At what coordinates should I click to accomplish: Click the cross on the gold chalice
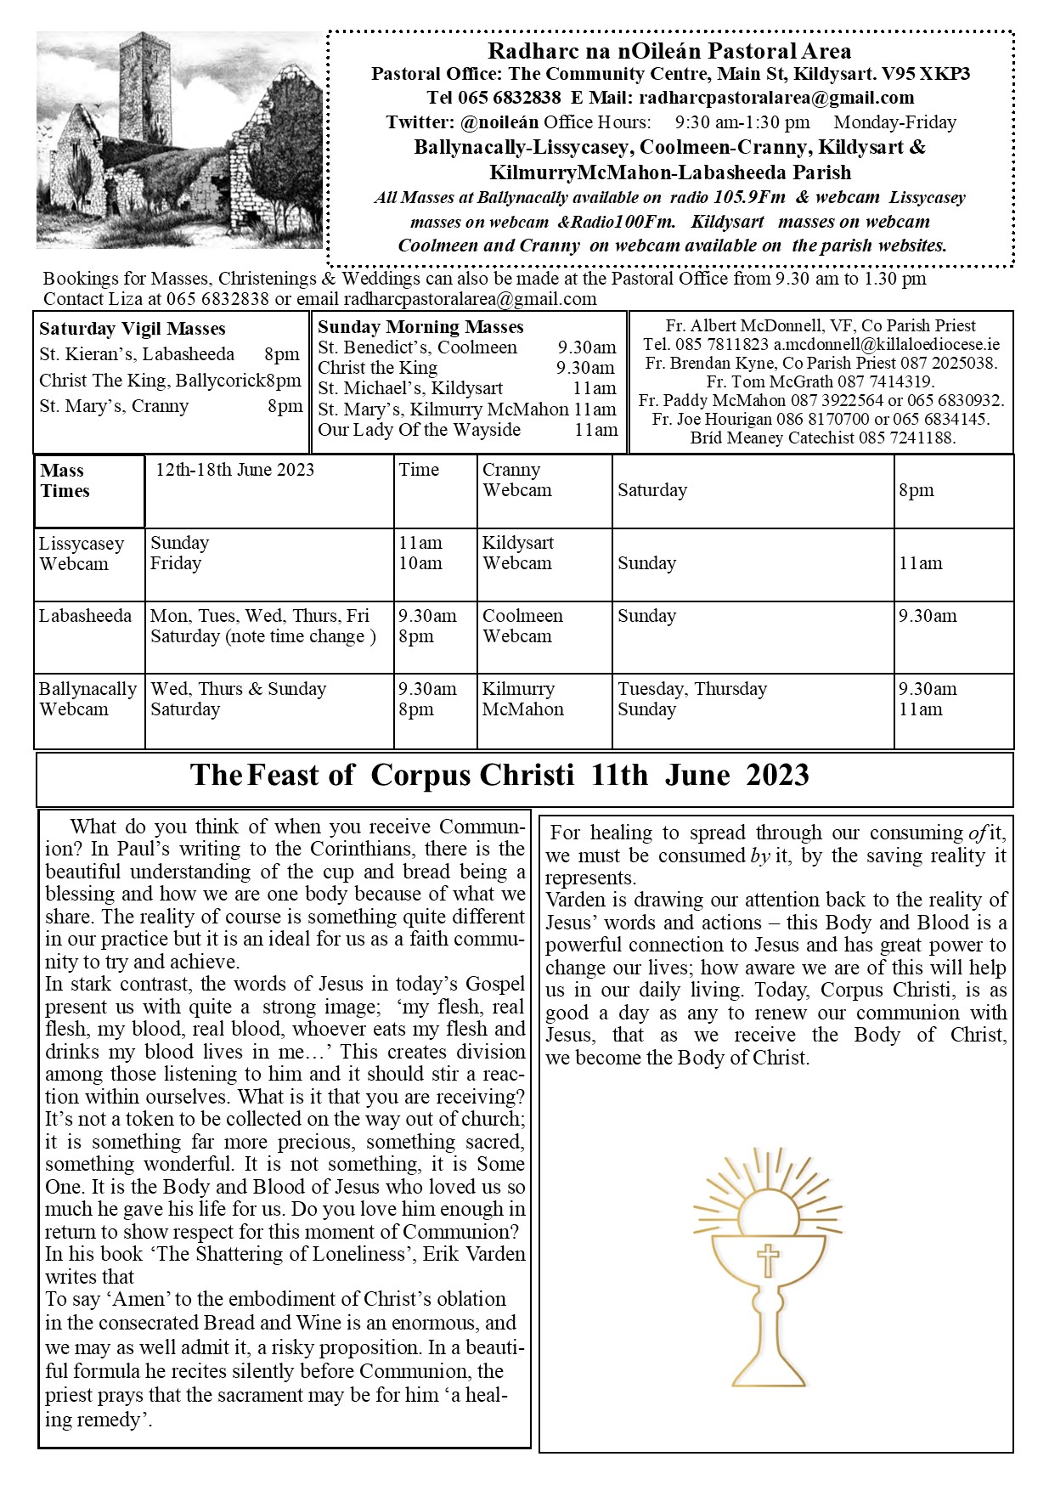click(x=768, y=1260)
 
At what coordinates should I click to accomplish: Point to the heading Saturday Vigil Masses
click(x=133, y=329)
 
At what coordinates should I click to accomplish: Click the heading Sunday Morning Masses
click(x=420, y=327)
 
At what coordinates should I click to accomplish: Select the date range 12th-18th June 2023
click(x=235, y=470)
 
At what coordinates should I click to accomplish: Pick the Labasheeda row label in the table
click(x=85, y=616)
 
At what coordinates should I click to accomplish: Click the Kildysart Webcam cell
click(x=517, y=553)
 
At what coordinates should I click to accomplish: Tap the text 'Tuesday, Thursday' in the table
click(x=692, y=689)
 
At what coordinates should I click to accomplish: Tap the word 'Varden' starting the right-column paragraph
click(x=574, y=900)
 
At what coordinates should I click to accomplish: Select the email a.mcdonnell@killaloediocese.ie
click(x=887, y=345)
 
